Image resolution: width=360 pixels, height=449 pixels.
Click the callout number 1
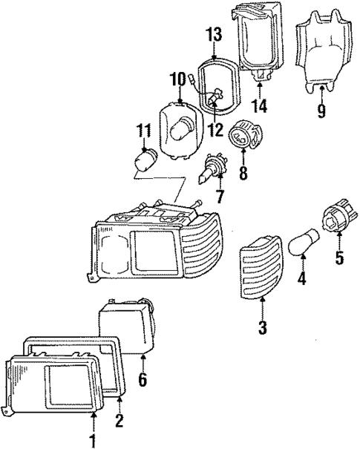[94, 442]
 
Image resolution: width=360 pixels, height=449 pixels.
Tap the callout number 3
[264, 327]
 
